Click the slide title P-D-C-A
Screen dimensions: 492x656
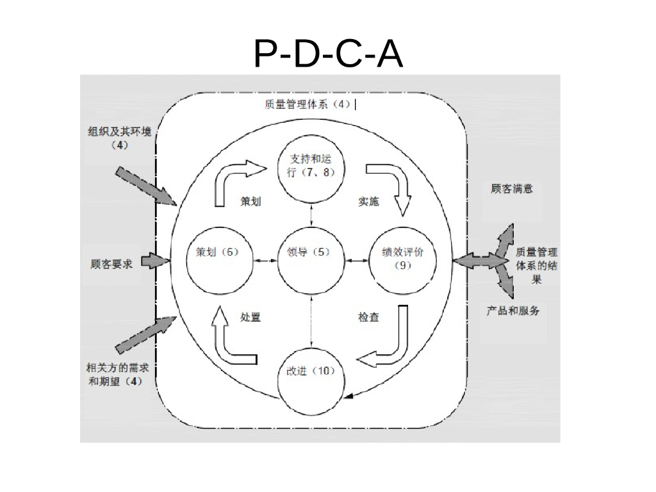328,55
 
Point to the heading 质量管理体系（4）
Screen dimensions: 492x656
307,104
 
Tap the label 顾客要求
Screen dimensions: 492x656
111,263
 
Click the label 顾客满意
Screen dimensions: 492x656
512,189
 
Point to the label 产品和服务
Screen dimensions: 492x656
512,311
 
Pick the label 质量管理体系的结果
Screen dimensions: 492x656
536,265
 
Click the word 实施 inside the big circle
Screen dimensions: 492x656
368,202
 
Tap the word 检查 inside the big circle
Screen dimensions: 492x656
368,317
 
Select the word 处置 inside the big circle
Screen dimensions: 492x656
250,317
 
